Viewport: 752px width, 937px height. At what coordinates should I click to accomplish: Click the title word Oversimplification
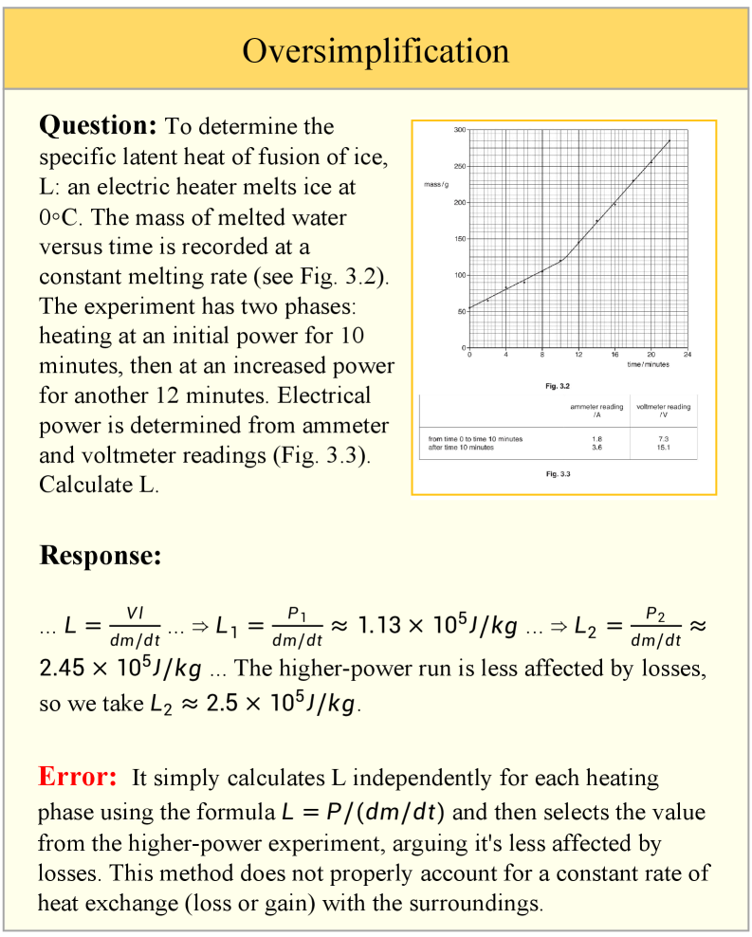click(376, 49)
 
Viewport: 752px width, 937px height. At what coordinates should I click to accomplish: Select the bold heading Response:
click(100, 556)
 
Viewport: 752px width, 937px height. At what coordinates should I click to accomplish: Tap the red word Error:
click(78, 777)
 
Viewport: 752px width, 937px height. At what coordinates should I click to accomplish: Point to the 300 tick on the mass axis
click(459, 129)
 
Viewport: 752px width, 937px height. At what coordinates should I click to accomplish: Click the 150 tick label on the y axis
click(459, 239)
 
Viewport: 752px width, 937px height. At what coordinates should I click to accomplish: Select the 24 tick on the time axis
click(687, 354)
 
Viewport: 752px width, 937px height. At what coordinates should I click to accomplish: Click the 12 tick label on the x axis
click(578, 354)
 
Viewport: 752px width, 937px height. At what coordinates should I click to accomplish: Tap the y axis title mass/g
click(436, 183)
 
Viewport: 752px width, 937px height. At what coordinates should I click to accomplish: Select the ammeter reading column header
click(596, 411)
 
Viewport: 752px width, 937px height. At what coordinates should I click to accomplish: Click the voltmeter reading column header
click(664, 411)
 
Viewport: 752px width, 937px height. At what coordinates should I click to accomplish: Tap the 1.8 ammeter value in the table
click(596, 439)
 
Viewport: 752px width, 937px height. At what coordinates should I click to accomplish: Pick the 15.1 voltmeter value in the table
click(664, 448)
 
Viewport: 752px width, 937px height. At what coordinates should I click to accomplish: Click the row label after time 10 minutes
click(461, 448)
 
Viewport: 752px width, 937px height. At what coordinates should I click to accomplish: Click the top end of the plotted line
click(669, 140)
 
